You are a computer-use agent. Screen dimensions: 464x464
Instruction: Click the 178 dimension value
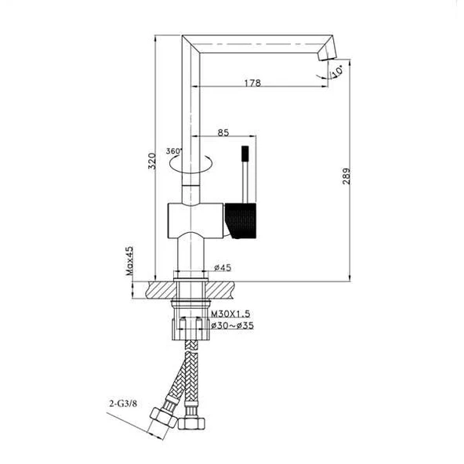pyautogui.click(x=252, y=83)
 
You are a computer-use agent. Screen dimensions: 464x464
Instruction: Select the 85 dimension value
pyautogui.click(x=223, y=132)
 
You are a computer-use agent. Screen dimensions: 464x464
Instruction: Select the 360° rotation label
pyautogui.click(x=173, y=151)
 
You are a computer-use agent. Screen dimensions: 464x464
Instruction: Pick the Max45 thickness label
pyautogui.click(x=129, y=259)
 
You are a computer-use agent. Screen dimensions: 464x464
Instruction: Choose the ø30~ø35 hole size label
pyautogui.click(x=231, y=325)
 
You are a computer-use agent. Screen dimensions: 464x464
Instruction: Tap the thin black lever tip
pyautogui.click(x=245, y=150)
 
